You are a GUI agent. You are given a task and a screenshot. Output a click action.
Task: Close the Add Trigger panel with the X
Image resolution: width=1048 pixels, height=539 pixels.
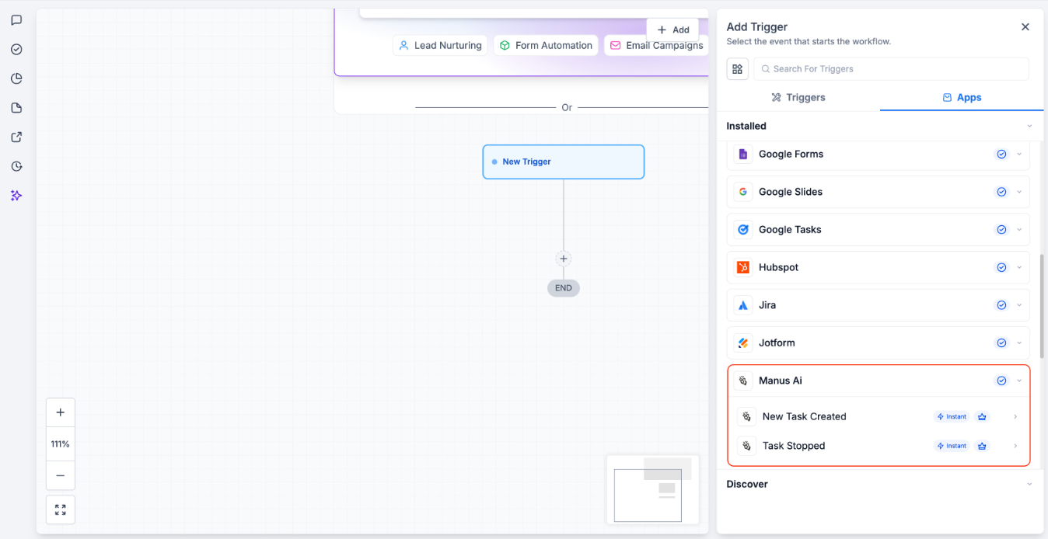(1025, 27)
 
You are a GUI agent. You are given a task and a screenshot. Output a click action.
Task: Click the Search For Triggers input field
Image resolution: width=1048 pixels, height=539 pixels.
(891, 69)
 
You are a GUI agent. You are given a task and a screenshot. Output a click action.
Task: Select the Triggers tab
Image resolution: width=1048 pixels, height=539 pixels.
(798, 98)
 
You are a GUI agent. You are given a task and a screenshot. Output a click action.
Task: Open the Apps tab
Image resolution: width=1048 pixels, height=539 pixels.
(962, 98)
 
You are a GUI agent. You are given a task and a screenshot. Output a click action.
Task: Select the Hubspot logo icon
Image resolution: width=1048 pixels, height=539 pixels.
(743, 267)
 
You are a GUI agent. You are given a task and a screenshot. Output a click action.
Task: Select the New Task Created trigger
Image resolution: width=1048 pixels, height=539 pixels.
(804, 417)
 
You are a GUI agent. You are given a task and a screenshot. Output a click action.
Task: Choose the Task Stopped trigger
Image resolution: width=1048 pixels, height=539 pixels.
(793, 447)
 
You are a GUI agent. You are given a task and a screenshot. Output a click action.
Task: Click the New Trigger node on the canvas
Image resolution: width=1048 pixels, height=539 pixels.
(563, 162)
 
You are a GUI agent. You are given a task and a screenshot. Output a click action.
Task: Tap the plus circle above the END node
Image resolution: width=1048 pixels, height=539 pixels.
(564, 259)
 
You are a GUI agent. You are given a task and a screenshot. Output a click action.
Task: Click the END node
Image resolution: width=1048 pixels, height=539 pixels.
(564, 288)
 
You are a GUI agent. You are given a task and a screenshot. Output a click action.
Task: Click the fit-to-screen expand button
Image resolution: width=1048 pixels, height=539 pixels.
(61, 510)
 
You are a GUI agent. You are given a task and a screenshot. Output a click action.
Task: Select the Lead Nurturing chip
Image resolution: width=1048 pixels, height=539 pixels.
(440, 46)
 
